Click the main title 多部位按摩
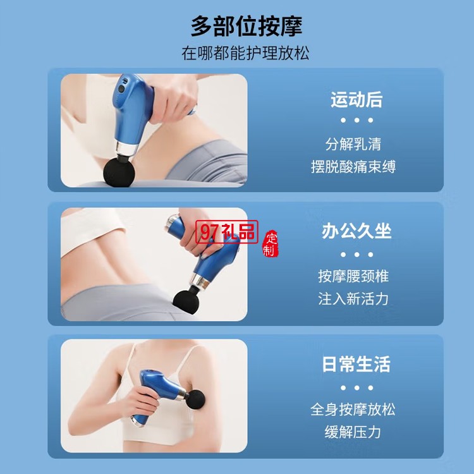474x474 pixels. coord(246,27)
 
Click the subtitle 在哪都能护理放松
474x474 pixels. coord(245,53)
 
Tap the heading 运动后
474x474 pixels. coord(356,99)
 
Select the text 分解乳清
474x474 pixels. coord(353,143)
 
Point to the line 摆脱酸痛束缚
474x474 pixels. coord(353,167)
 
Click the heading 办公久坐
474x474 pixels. coord(356,231)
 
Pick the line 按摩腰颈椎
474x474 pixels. coord(353,276)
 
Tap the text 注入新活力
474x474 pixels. coord(353,299)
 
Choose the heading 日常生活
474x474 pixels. coord(356,364)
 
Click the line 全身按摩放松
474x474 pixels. coord(353,410)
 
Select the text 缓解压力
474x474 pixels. coord(353,432)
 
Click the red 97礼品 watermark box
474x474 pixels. coord(227,232)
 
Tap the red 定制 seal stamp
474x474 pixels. coord(270,244)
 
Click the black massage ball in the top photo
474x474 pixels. coord(119,171)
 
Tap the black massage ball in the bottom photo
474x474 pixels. coord(195,399)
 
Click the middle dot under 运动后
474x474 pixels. coord(356,120)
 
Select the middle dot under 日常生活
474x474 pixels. coord(356,388)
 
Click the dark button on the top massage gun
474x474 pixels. coord(121,89)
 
